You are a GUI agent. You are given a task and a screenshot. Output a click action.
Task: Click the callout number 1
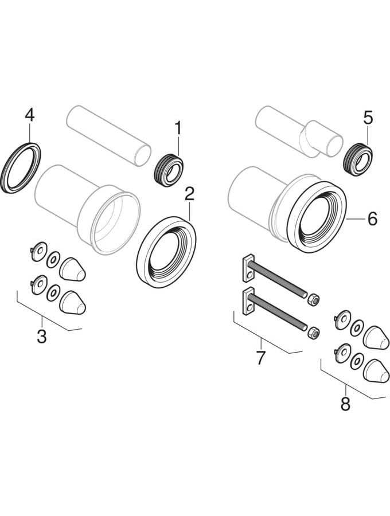pyautogui.click(x=178, y=128)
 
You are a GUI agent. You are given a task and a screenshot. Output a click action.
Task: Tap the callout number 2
pyautogui.click(x=190, y=195)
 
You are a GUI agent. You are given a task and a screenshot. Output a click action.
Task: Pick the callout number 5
pyautogui.click(x=368, y=118)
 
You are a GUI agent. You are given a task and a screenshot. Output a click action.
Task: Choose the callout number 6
pyautogui.click(x=372, y=219)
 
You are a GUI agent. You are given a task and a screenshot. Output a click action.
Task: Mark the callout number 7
pyautogui.click(x=260, y=358)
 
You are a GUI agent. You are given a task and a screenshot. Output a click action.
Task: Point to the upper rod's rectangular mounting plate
pyautogui.click(x=248, y=268)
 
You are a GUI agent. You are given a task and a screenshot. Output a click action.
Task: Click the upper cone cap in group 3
pyautogui.click(x=73, y=269)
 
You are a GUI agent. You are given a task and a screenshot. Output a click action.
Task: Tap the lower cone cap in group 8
pyautogui.click(x=376, y=371)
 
